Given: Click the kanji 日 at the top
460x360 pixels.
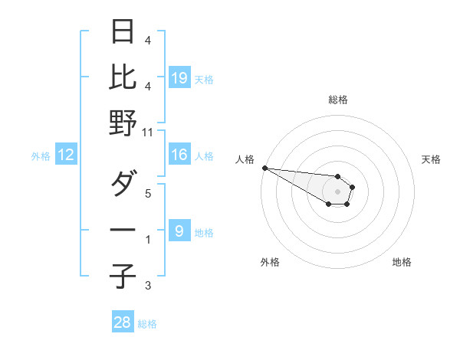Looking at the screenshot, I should [x=123, y=32].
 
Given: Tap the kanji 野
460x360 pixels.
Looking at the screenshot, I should [x=123, y=123].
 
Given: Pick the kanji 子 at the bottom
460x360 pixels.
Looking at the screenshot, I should [x=123, y=275].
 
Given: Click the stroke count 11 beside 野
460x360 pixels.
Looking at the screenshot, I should [x=148, y=132].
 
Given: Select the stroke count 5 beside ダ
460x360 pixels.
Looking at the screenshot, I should [x=148, y=193].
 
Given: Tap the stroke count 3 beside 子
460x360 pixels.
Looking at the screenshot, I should [x=148, y=286].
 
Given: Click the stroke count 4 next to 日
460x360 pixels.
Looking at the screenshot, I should [x=148, y=40].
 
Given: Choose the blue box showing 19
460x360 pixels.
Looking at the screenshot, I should [x=179, y=77].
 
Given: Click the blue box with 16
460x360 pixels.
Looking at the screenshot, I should [x=179, y=155].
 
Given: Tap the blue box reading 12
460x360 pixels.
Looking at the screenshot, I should [x=66, y=155].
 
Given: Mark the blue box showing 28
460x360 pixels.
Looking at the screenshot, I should [x=123, y=322].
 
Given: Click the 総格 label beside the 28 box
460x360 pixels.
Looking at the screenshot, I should [x=147, y=324].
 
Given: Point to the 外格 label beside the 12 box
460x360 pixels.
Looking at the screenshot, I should [x=41, y=155].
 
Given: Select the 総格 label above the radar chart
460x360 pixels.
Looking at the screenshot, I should [x=338, y=100].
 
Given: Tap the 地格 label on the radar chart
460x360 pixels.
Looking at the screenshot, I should [x=402, y=262].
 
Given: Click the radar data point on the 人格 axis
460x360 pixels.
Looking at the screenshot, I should [x=264, y=168].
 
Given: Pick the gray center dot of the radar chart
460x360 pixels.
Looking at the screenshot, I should [x=338, y=191].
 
